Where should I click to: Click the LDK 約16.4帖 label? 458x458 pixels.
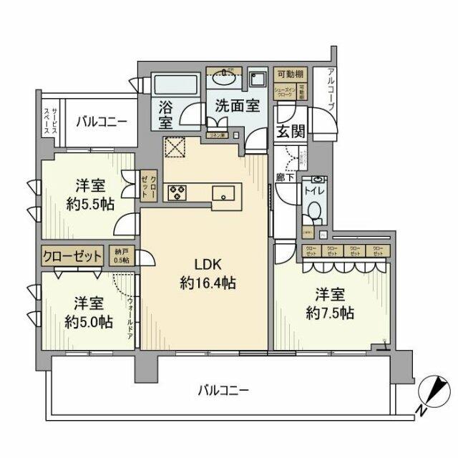click(x=208, y=271)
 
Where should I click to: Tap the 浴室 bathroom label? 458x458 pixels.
click(x=165, y=115)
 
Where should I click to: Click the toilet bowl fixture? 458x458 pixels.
click(x=313, y=212)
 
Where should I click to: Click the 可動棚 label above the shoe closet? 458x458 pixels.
click(x=291, y=74)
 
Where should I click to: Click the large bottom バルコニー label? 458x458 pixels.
click(x=223, y=390)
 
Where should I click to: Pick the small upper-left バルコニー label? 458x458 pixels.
click(x=101, y=121)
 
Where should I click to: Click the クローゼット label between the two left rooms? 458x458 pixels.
click(x=72, y=256)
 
